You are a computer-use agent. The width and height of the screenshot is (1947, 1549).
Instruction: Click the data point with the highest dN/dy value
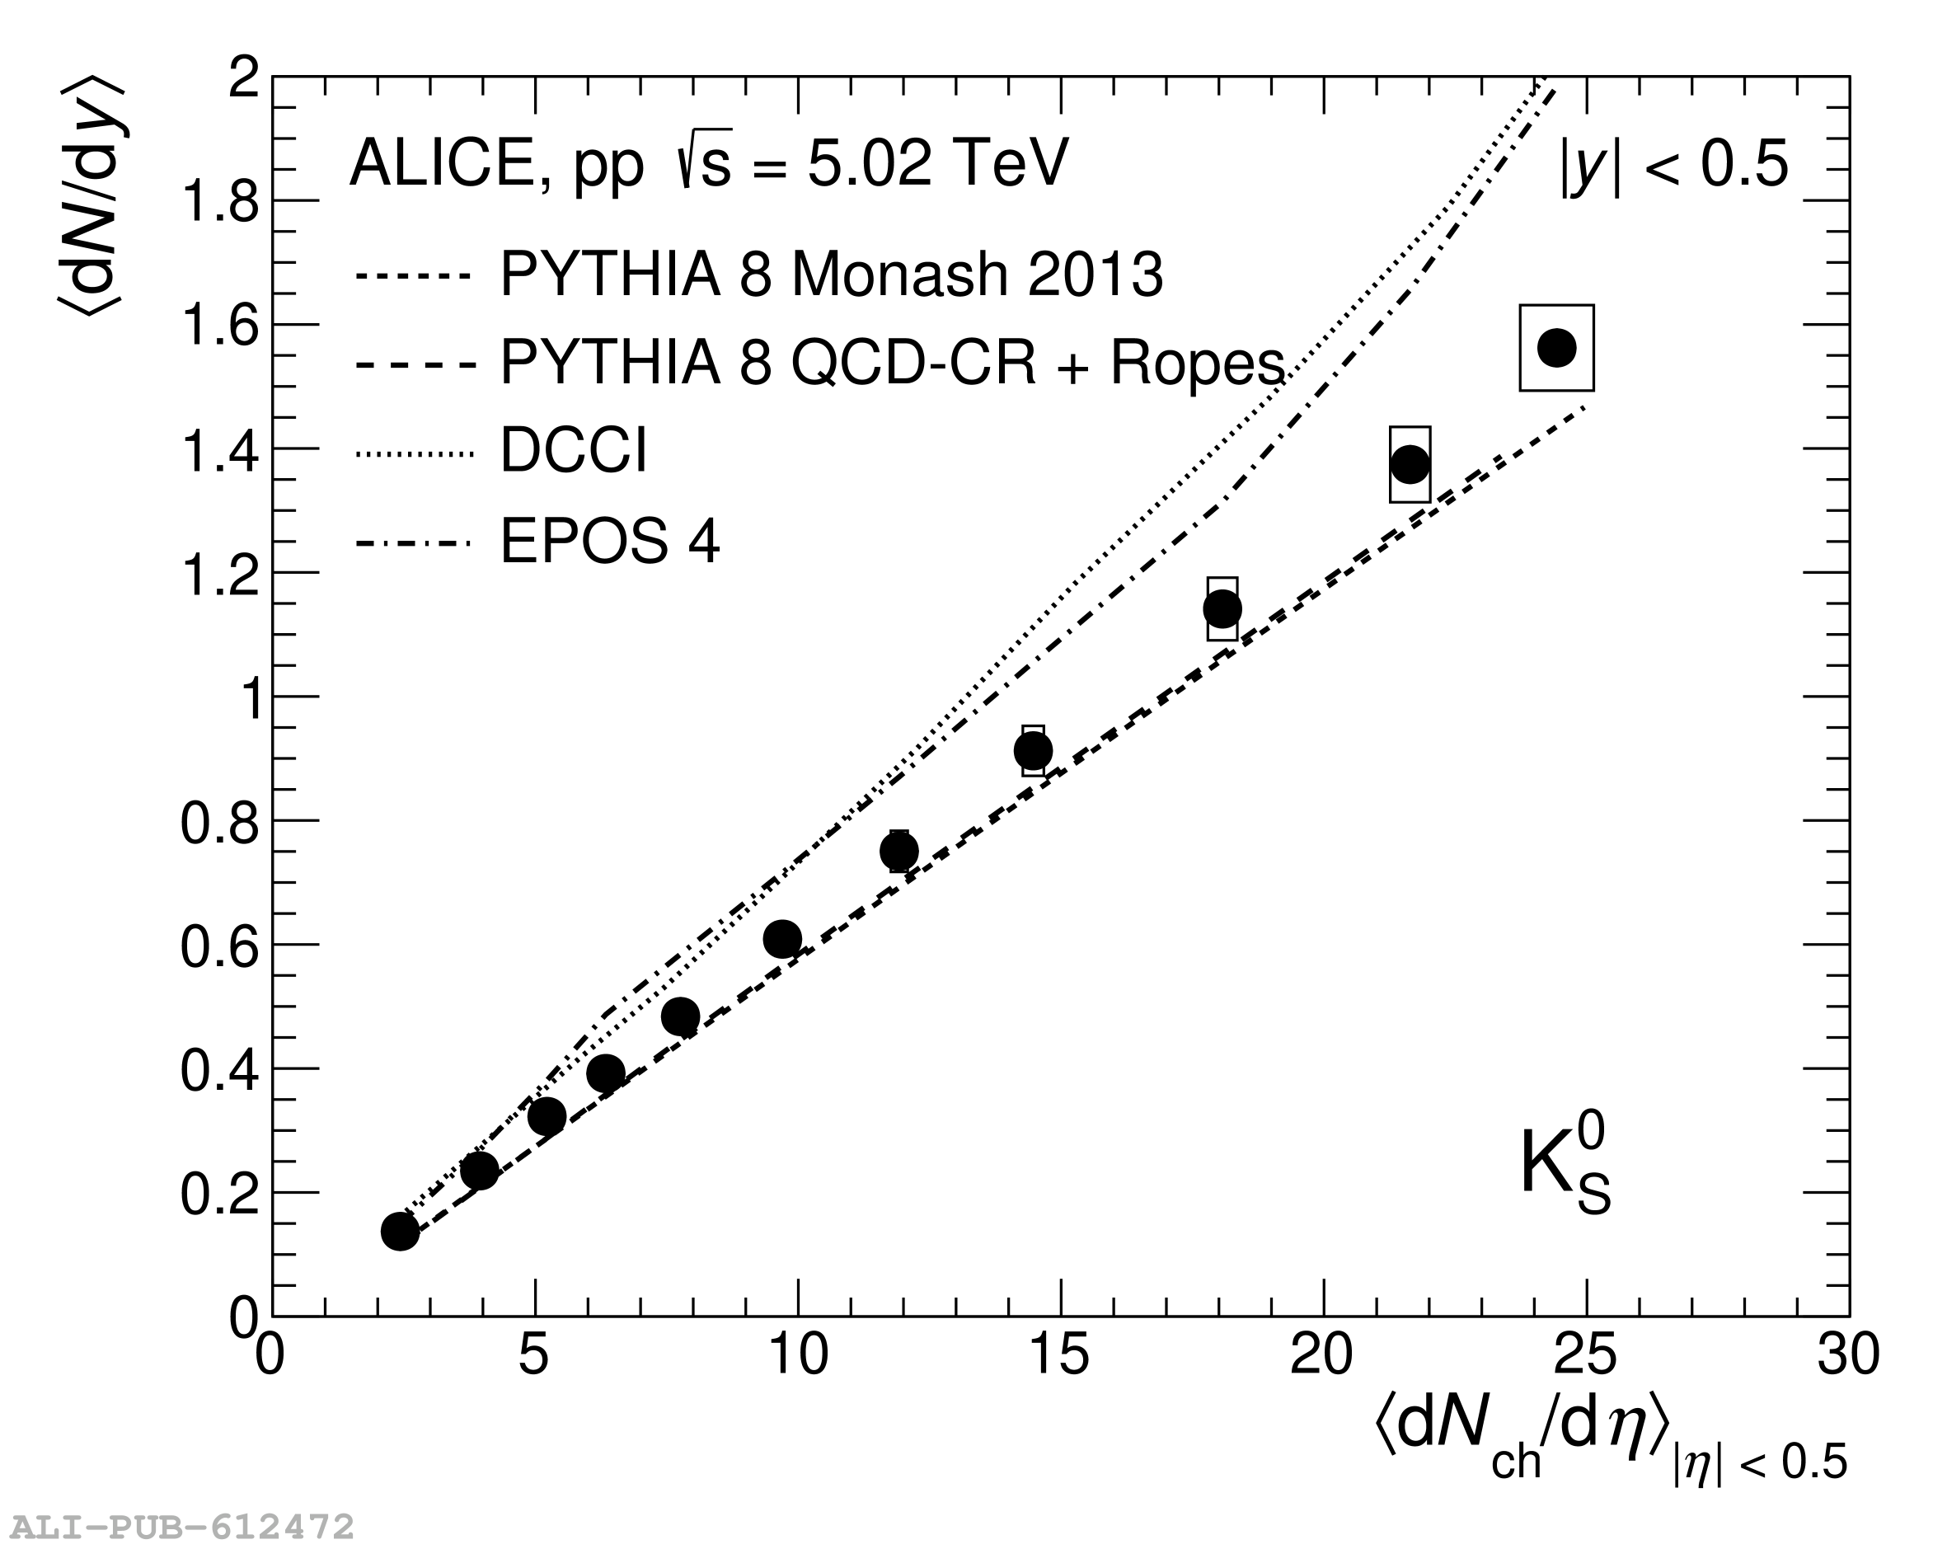click(1556, 347)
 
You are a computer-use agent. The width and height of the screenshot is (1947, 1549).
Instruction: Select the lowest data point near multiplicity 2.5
click(400, 1230)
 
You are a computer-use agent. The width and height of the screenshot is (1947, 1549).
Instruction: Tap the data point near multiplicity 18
click(1222, 608)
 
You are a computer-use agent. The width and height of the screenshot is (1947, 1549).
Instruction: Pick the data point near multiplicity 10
click(782, 939)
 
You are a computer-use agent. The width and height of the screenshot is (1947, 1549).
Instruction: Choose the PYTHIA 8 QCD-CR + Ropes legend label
click(891, 363)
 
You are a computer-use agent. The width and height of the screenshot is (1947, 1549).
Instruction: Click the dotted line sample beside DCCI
click(414, 453)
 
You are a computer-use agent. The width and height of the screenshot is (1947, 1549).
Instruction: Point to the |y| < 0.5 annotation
click(1673, 165)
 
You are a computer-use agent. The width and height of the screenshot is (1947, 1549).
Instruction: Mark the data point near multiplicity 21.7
click(1410, 464)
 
